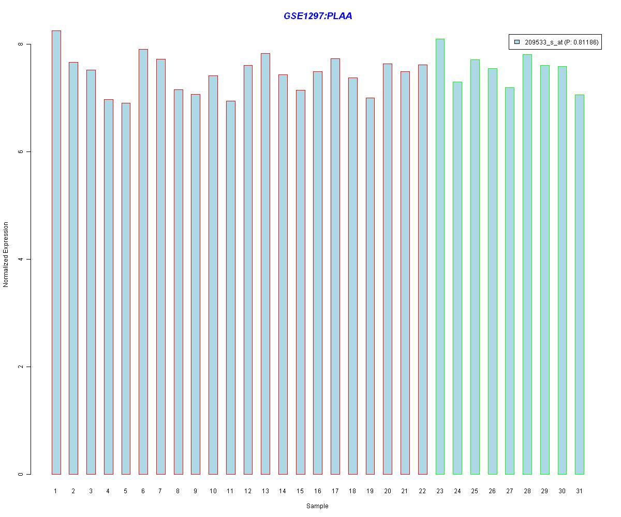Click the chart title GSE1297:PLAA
(x=318, y=16)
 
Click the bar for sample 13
(x=265, y=264)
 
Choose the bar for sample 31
(x=580, y=284)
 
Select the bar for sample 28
(x=527, y=264)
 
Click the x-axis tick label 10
(x=213, y=491)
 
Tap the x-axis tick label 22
(x=422, y=491)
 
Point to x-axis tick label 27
(x=510, y=491)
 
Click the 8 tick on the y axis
(x=21, y=44)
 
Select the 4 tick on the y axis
(x=21, y=260)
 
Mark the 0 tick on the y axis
(x=21, y=474)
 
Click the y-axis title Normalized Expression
(x=6, y=254)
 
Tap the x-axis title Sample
(x=317, y=506)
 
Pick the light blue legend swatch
(x=517, y=42)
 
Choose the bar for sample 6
(x=143, y=262)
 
